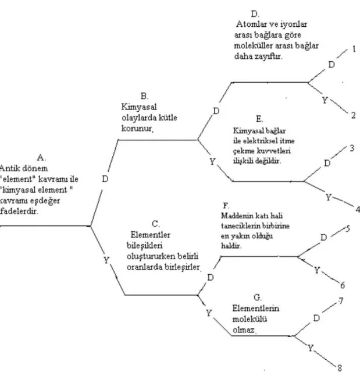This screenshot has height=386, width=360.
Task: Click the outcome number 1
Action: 354,49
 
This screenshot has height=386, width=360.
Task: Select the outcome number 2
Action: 354,115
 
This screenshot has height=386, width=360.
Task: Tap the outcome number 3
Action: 352,148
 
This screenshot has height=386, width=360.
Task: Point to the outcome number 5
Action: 347,229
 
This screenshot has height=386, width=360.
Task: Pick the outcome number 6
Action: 343,285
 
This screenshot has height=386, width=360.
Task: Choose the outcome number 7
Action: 341,301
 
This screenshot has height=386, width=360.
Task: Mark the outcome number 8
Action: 340,368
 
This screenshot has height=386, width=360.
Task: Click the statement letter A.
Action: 41,158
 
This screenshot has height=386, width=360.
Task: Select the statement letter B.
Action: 144,96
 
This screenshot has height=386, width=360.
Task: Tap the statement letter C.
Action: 156,224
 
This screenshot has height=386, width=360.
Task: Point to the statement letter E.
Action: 259,119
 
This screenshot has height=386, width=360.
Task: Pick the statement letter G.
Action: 257,298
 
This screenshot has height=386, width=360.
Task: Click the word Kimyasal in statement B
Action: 139,107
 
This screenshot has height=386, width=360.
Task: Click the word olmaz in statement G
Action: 244,330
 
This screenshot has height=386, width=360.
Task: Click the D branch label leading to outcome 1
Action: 332,65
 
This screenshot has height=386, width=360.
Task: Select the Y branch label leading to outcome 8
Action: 311,348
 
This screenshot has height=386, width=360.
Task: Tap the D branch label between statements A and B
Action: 105,179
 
